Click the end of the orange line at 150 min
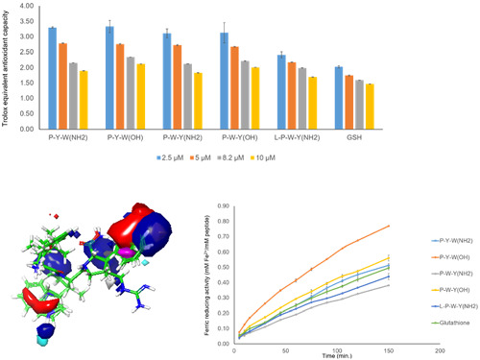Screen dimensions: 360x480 click(x=363, y=226)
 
